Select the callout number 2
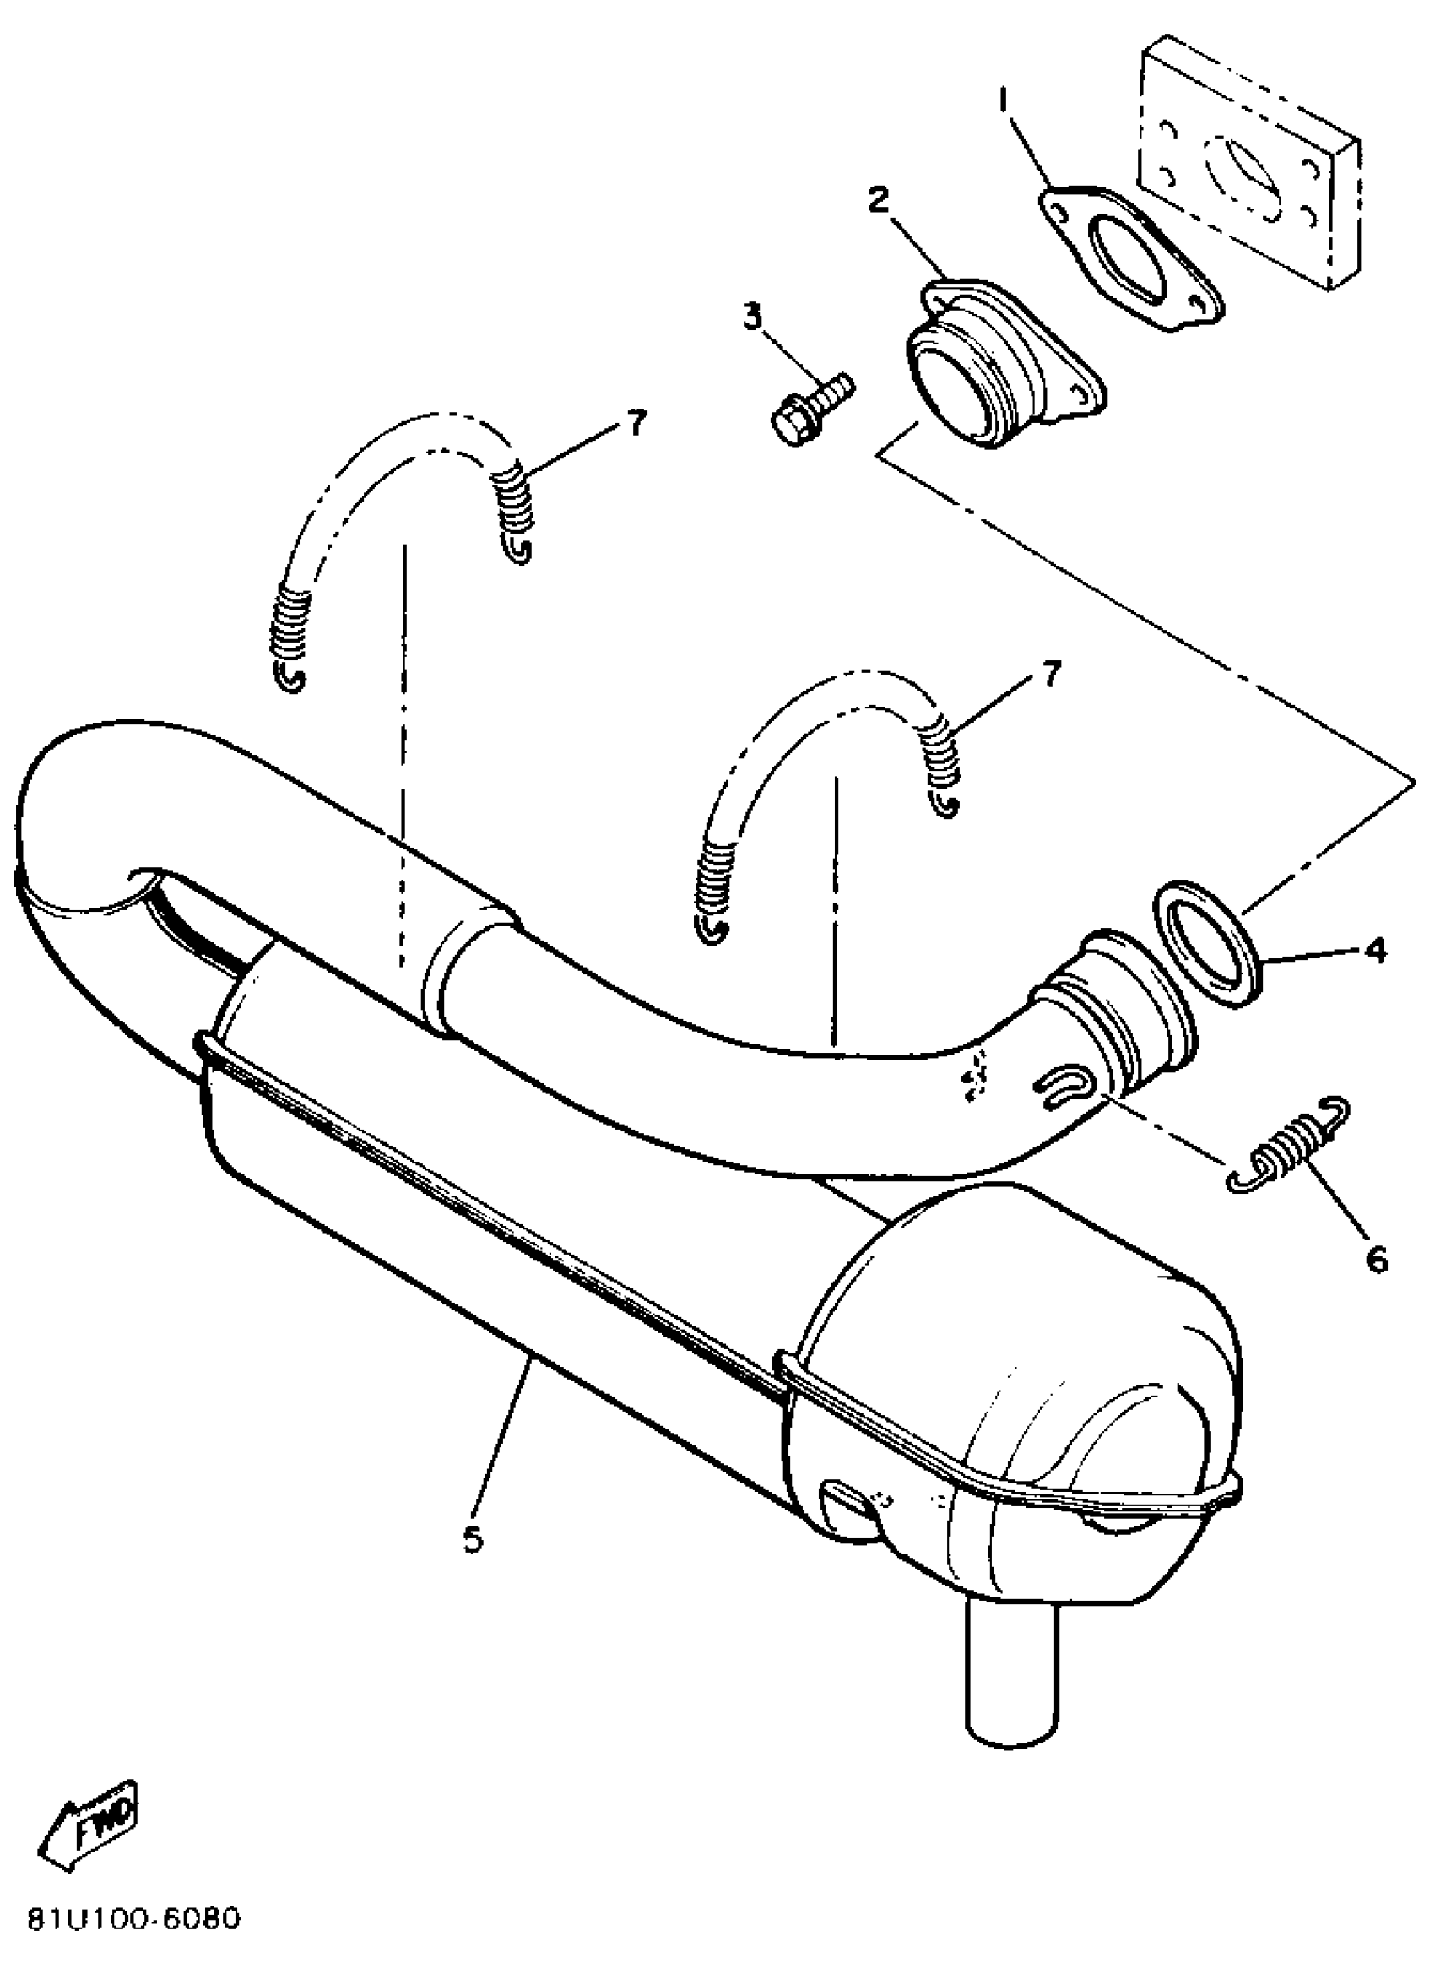click(878, 201)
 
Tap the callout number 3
click(751, 317)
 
